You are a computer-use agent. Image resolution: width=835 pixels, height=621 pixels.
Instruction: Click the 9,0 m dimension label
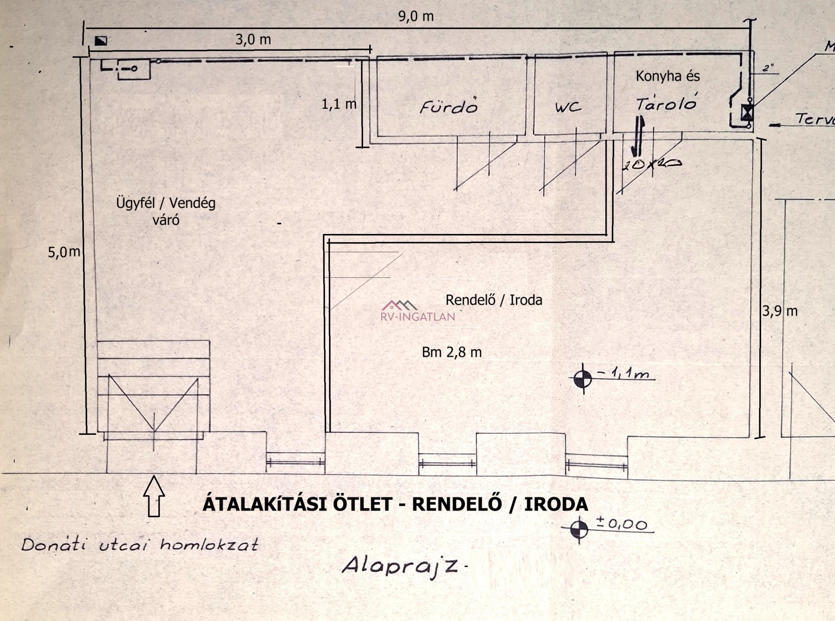tap(416, 17)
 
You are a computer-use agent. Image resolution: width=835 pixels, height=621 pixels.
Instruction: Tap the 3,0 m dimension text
tap(253, 40)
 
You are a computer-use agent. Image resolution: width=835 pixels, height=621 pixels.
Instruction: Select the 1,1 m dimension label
tap(339, 104)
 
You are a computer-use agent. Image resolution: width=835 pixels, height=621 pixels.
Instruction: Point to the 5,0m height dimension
tap(64, 252)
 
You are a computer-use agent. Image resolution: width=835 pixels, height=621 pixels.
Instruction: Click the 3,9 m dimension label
tap(780, 311)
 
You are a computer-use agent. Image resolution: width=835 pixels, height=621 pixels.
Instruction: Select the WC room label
tap(568, 107)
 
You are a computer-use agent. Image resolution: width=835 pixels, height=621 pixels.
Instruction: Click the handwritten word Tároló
tap(666, 103)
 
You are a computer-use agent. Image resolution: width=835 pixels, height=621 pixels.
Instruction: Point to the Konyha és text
tap(668, 77)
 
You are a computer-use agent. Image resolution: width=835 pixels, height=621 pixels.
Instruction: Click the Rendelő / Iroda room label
tap(494, 300)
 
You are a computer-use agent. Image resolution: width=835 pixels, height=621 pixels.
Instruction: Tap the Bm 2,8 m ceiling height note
tap(451, 352)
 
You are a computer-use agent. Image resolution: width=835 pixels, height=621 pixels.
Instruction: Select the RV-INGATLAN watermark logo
tap(417, 311)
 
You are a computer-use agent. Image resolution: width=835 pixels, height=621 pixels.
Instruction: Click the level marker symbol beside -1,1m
tap(583, 379)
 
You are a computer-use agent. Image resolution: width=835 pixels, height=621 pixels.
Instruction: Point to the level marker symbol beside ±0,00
tap(579, 529)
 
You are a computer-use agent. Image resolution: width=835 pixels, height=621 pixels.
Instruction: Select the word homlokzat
tap(209, 544)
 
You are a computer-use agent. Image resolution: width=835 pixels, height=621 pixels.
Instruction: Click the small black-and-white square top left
tap(101, 41)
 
